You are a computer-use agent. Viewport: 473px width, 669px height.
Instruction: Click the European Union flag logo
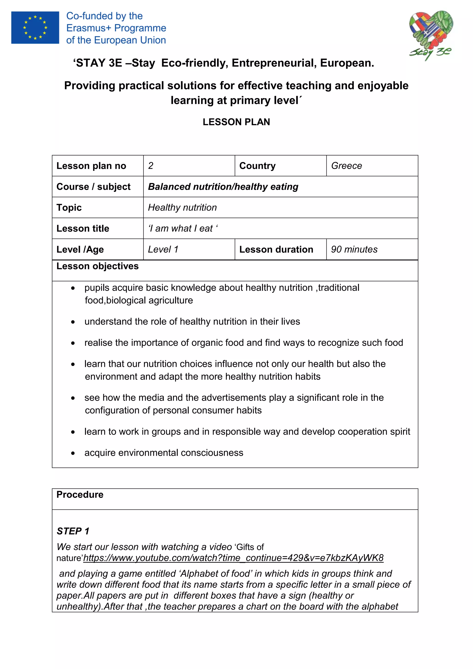35,28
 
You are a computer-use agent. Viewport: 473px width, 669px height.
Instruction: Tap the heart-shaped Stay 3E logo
431,33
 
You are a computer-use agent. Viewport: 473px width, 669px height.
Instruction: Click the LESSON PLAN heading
236,122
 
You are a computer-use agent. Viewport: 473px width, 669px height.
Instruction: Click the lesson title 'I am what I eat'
183,228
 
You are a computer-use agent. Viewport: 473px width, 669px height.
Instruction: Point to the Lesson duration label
276,249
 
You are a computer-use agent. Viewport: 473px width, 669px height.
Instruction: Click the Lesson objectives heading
97,266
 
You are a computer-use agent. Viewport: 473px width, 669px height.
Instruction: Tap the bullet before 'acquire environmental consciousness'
73,453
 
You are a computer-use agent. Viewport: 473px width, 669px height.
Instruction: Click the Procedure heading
80,494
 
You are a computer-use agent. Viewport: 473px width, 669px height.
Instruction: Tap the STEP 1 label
73,531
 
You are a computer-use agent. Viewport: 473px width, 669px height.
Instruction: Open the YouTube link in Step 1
233,558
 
